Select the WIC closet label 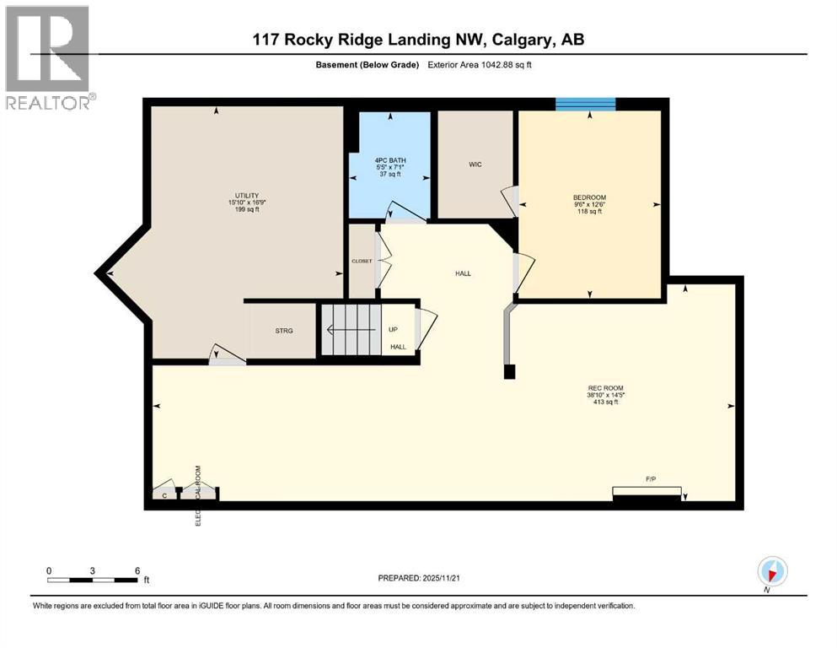475,165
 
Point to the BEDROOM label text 589,198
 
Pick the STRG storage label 284,331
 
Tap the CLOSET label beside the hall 362,262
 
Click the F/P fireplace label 650,479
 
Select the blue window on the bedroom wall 585,105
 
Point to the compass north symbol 772,570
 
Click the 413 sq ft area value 605,402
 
